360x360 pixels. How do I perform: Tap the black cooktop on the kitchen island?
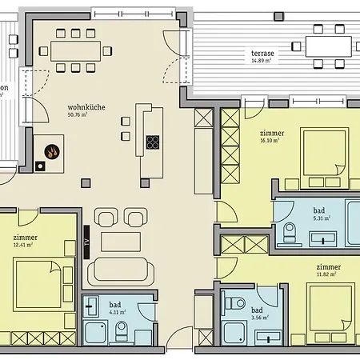[152, 143]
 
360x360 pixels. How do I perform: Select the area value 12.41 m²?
[25, 245]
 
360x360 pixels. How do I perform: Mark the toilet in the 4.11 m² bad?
[122, 330]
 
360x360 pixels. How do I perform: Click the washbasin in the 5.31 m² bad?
[327, 237]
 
